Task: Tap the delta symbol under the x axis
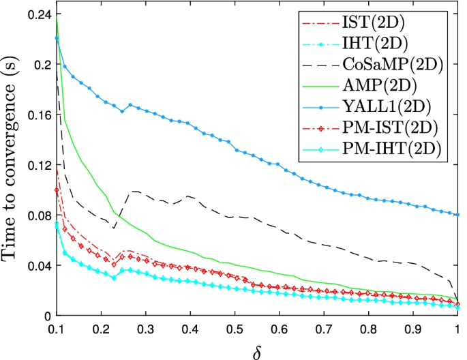tap(257, 349)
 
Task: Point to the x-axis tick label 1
tap(457, 329)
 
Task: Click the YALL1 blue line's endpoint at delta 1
tap(457, 215)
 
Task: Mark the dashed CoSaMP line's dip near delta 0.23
tap(115, 228)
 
